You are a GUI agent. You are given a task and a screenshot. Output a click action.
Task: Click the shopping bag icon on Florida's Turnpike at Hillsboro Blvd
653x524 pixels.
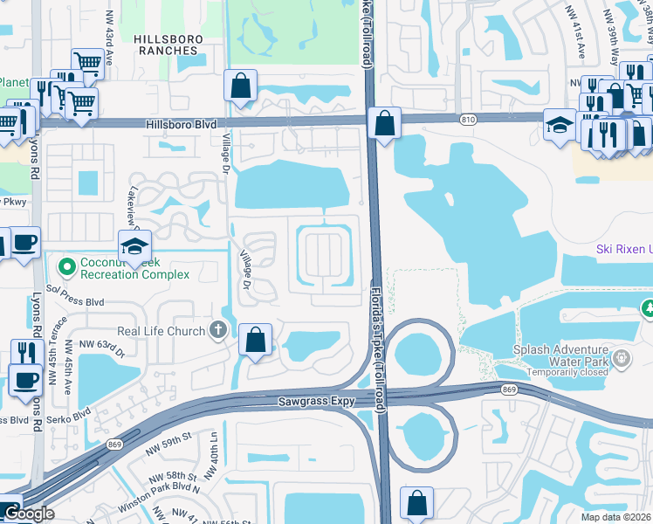[x=384, y=123]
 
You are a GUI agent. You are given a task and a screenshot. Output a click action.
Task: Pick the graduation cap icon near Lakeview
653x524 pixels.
[x=135, y=247]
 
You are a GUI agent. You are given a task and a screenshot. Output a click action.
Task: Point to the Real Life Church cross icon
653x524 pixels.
[x=217, y=331]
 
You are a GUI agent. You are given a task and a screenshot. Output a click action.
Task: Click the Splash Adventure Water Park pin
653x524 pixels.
[x=622, y=357]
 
